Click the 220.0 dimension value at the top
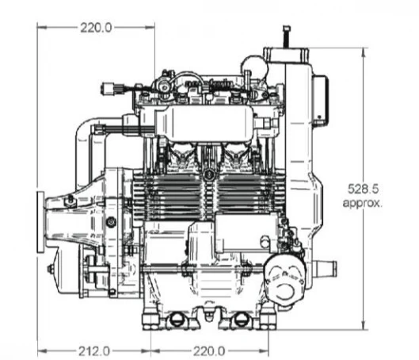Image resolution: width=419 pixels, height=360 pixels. coord(96,28)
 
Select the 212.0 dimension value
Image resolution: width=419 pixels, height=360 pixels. coord(94,351)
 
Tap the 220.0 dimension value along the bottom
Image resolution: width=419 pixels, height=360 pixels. coord(209,351)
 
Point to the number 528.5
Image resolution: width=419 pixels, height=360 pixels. coord(363,189)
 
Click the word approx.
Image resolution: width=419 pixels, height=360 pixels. coord(362,203)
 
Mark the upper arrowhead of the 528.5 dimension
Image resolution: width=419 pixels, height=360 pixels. coord(364,52)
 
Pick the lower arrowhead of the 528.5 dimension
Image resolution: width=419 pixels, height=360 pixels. coord(364,325)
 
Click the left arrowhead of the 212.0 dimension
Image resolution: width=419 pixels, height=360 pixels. coord(42,351)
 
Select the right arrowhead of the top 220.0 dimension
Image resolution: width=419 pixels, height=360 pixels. coord(150,27)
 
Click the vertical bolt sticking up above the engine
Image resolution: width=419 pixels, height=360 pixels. coord(287,36)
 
